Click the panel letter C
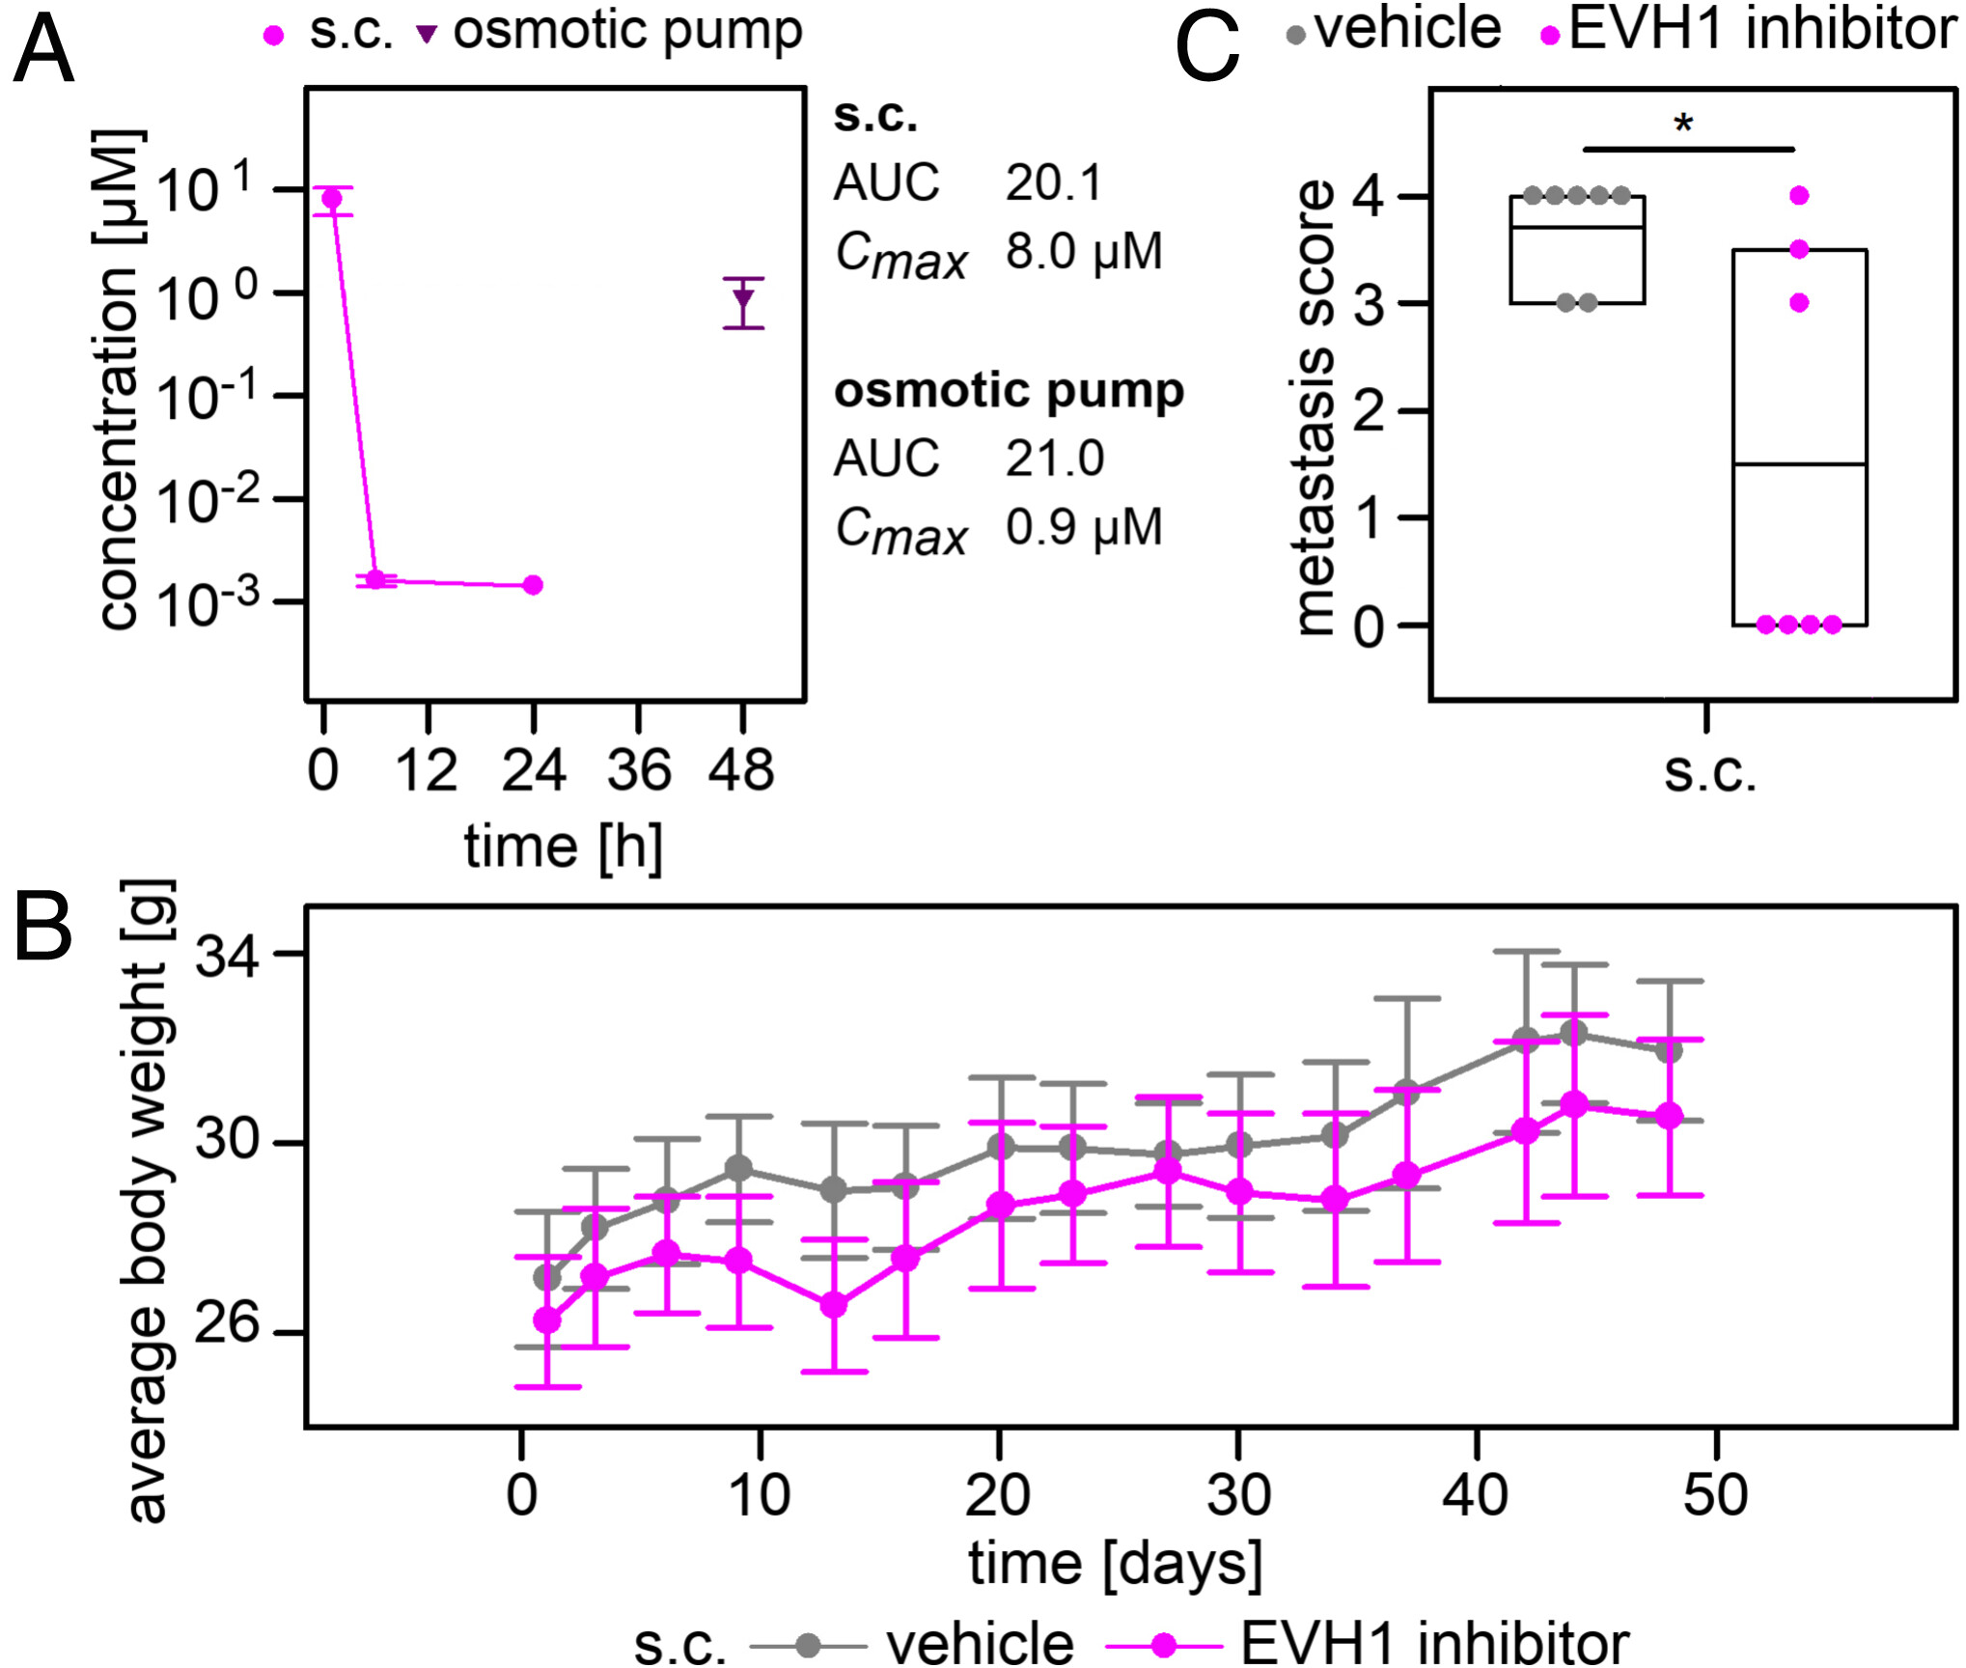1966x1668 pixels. (1206, 48)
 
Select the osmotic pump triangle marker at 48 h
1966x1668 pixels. (743, 298)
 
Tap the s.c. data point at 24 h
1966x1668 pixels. (533, 585)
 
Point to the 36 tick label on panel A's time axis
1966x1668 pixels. (638, 770)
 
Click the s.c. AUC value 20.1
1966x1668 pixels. (1053, 182)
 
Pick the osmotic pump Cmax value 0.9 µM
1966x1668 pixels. (1083, 527)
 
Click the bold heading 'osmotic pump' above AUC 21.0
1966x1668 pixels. (1009, 391)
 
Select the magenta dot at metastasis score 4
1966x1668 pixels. (1799, 196)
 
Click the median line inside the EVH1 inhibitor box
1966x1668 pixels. (1799, 464)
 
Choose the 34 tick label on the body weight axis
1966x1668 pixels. (228, 958)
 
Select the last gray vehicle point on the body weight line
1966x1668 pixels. (1669, 1049)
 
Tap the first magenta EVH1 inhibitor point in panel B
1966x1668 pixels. (547, 1320)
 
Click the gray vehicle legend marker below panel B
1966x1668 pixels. (809, 1645)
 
